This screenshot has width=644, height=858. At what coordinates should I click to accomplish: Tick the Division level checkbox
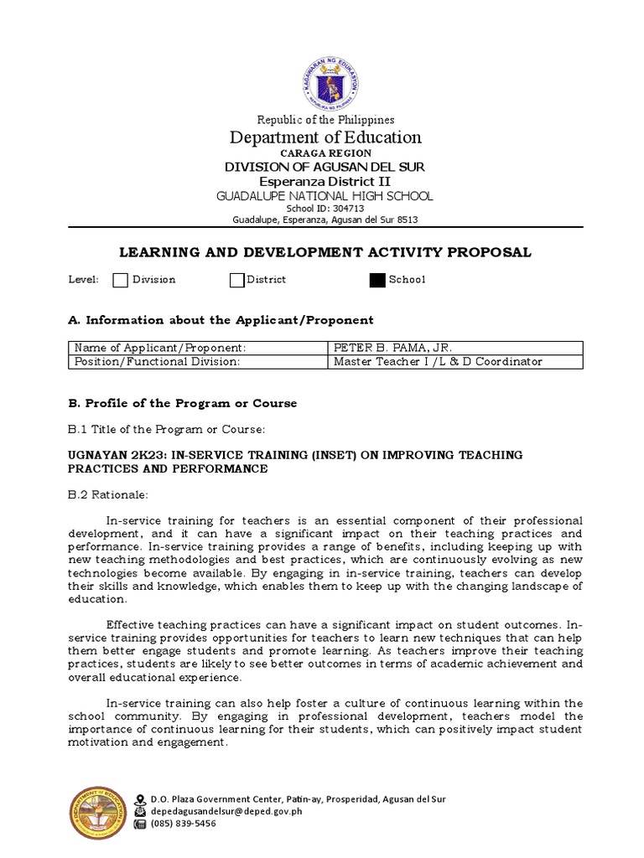click(x=121, y=280)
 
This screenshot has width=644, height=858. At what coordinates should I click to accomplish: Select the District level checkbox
click(x=236, y=280)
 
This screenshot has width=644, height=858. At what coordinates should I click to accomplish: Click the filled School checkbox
click(x=377, y=280)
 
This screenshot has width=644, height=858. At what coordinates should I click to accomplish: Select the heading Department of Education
click(x=325, y=137)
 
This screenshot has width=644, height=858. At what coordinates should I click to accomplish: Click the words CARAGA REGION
click(x=325, y=153)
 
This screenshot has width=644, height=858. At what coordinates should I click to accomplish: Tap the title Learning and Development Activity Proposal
click(x=325, y=252)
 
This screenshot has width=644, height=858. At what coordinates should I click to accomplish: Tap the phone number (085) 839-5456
click(x=184, y=824)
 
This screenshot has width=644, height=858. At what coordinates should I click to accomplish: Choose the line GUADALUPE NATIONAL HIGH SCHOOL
click(x=325, y=196)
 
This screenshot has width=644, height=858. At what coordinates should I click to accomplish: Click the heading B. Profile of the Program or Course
click(x=182, y=403)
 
